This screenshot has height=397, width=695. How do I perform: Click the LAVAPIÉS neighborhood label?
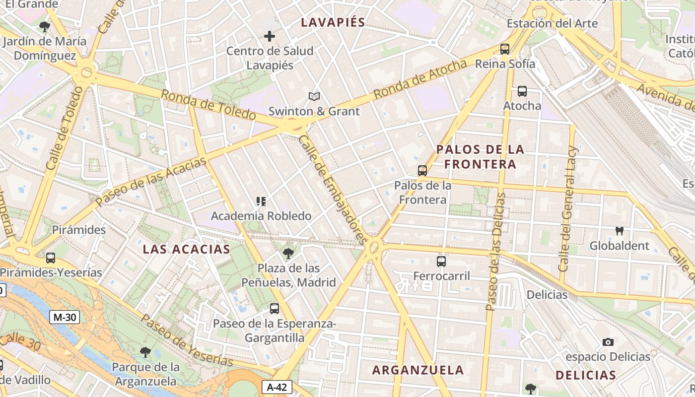click(333, 22)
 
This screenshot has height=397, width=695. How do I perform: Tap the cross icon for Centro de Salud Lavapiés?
click(270, 36)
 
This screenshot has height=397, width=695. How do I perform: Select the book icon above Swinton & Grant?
click(314, 96)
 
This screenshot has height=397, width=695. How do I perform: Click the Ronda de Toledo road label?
click(208, 104)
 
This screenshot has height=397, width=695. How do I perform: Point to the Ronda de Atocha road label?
click(420, 78)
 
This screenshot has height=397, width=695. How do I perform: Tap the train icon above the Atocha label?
click(522, 91)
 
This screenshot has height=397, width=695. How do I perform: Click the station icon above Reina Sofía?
click(505, 49)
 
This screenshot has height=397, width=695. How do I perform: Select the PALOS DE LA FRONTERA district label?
click(480, 156)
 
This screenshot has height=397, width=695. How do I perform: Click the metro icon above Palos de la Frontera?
click(422, 171)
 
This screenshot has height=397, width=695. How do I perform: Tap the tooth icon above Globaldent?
click(619, 231)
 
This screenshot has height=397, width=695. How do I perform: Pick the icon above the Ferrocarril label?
click(441, 261)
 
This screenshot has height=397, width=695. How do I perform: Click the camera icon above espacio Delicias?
click(608, 342)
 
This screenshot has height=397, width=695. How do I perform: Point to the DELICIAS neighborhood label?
click(586, 375)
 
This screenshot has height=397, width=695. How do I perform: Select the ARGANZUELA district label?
click(418, 370)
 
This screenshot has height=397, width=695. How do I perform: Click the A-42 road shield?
click(277, 387)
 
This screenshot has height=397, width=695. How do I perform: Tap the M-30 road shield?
click(65, 317)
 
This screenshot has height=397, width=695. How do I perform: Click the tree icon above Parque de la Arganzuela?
click(145, 352)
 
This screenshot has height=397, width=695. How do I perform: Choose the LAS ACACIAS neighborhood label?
click(187, 249)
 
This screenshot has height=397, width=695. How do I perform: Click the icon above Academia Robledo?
click(261, 201)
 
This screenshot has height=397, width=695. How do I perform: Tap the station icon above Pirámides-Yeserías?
click(51, 258)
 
